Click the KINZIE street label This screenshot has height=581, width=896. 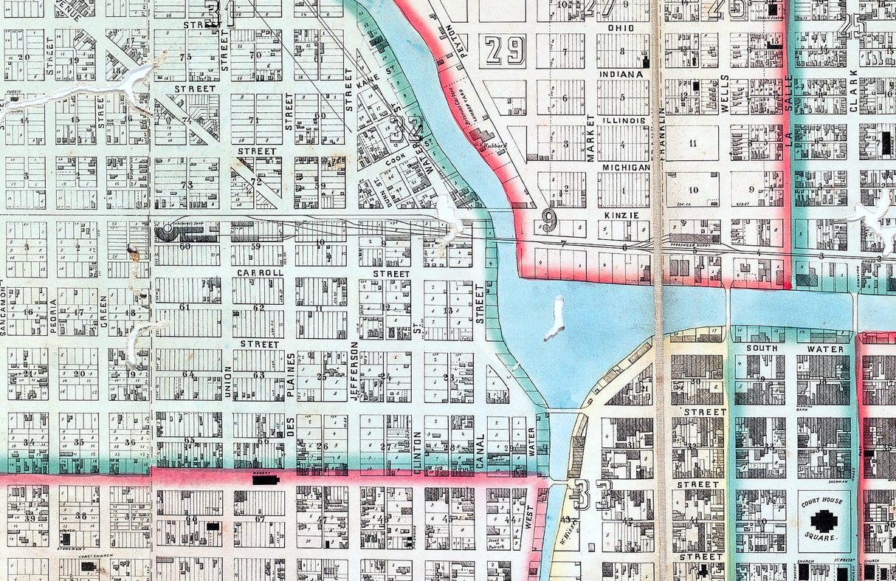(621, 214)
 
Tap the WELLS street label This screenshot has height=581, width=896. (724, 92)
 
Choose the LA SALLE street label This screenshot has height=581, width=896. (788, 103)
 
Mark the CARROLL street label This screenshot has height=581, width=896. (260, 272)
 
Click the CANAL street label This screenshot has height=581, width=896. (480, 451)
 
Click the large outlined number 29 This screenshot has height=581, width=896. (505, 51)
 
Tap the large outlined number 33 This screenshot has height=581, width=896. (592, 494)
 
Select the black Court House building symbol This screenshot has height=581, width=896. (824, 522)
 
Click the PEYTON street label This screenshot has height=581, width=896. (452, 44)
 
